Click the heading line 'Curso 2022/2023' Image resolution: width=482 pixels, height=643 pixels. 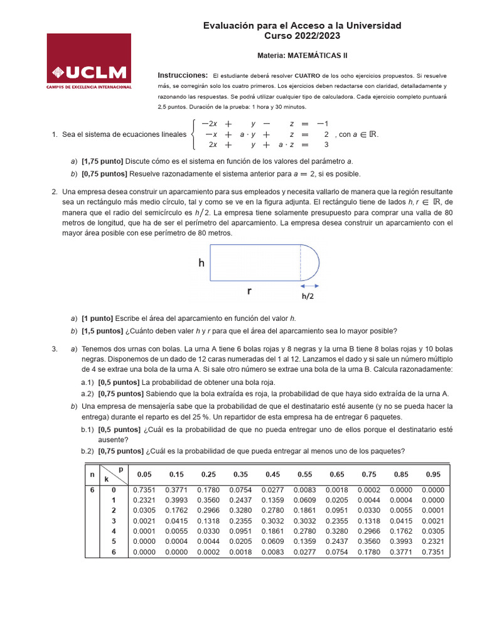tap(302, 36)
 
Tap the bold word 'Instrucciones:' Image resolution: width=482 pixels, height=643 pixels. tap(183, 75)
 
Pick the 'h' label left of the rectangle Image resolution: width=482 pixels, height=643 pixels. tap(201, 264)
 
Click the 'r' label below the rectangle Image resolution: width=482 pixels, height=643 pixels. tap(249, 291)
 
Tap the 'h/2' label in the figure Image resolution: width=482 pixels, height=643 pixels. tap(308, 296)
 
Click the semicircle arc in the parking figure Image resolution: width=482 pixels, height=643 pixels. tap(316, 262)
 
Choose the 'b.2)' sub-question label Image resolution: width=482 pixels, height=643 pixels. tap(87, 451)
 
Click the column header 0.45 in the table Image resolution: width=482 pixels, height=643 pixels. tap(272, 474)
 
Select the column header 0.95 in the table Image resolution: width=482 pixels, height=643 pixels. tap(433, 474)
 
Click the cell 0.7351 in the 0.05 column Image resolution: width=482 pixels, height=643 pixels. tap(144, 490)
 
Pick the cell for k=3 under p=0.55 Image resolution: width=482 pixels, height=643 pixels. tap(304, 521)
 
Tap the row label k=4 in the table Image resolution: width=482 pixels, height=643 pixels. tap(114, 531)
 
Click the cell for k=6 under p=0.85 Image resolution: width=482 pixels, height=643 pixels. tap(401, 552)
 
